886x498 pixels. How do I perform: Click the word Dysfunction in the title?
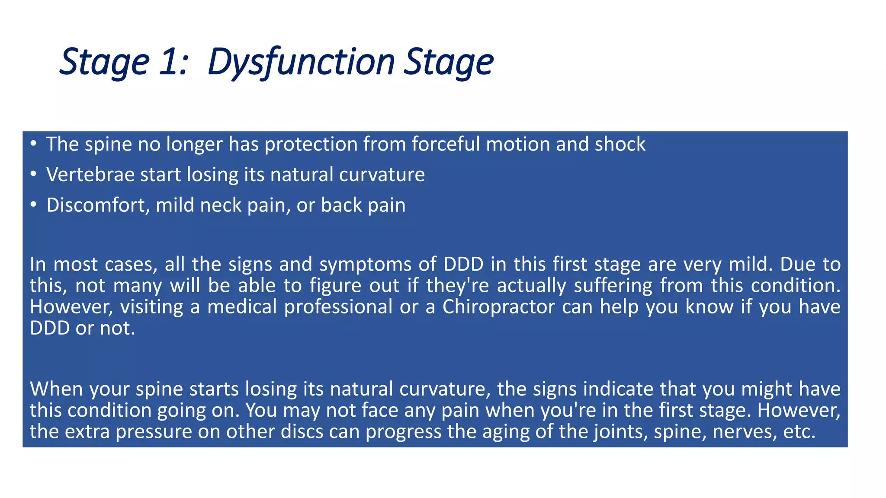click(x=301, y=62)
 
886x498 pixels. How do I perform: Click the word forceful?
click(x=446, y=144)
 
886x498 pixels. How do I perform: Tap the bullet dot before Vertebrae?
click(x=33, y=175)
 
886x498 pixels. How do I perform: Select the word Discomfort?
click(x=98, y=205)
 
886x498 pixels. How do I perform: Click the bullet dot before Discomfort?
click(x=33, y=205)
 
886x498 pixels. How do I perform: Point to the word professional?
click(x=338, y=307)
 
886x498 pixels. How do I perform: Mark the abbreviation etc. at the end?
click(x=799, y=431)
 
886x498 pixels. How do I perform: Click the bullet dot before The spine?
click(x=33, y=144)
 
